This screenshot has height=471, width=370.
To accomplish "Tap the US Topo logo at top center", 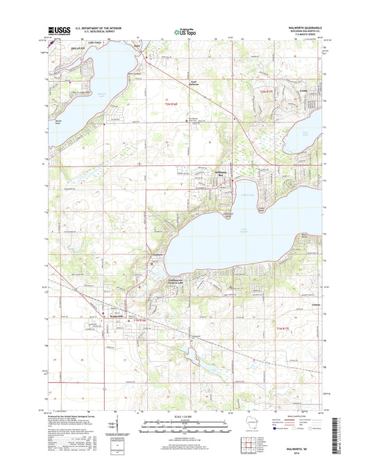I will coord(184,31).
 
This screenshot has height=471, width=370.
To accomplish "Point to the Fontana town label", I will coord(157,255).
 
